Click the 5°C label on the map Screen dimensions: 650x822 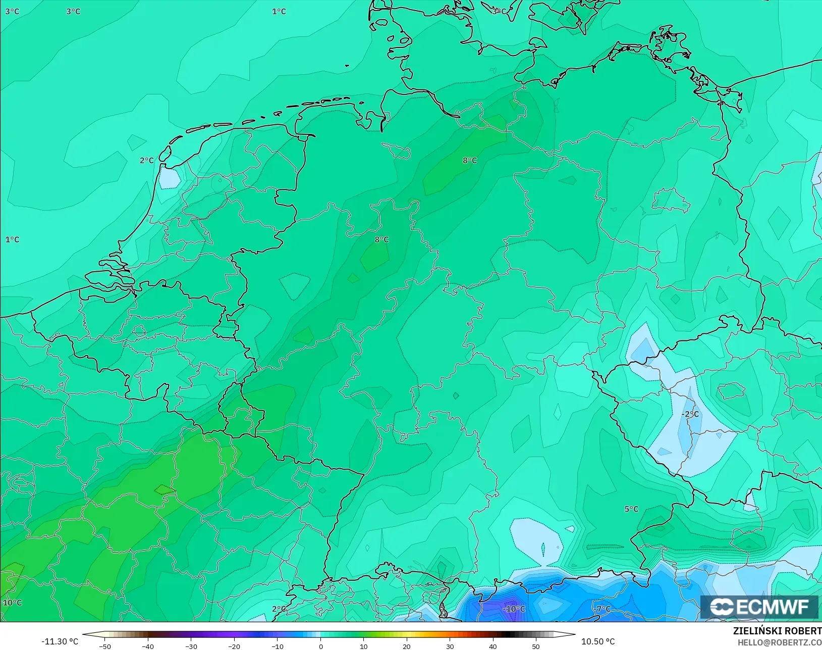pos(631,509)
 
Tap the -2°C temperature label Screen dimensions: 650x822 pos(690,414)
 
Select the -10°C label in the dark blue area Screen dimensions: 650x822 pos(514,609)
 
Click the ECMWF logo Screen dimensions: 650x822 pos(759,607)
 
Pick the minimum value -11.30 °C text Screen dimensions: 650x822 pos(60,641)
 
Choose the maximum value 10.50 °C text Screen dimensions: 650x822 pos(598,641)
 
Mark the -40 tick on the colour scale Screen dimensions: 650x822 pos(147,646)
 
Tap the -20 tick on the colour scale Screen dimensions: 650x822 pos(234,646)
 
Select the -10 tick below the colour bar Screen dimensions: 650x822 pos(277,646)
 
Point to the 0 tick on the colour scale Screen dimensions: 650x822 pos(321,646)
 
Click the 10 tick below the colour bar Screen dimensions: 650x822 pos(364,646)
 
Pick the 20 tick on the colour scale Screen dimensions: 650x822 pos(407,646)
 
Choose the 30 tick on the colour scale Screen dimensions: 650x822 pos(450,646)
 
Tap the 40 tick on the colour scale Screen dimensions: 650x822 pos(493,646)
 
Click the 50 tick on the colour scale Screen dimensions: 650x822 pos(536,646)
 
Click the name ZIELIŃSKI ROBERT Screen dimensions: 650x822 pos(777,631)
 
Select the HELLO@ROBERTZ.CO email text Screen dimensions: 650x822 pos(779,642)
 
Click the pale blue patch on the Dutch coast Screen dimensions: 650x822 pos(169,178)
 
